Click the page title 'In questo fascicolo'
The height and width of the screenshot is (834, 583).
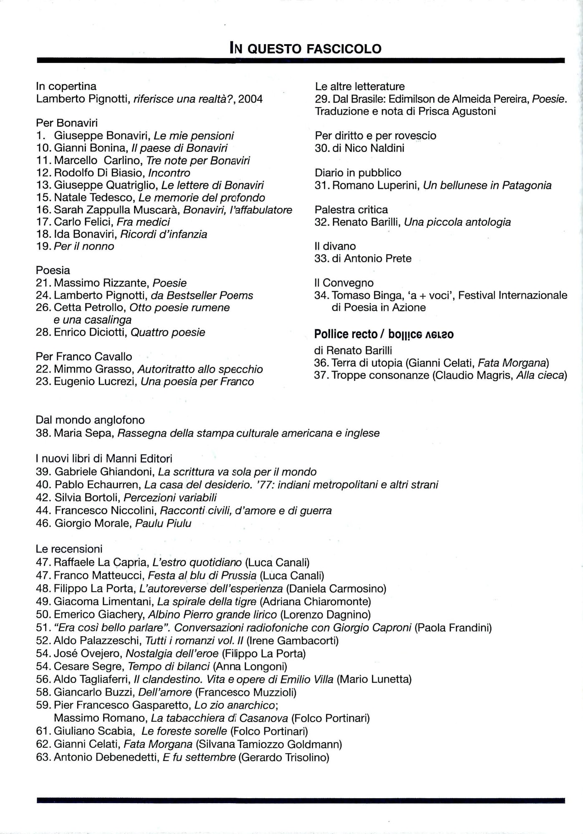[x=305, y=48]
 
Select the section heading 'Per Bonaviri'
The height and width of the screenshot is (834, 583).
[x=67, y=123]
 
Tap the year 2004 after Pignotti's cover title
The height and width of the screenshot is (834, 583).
[x=250, y=99]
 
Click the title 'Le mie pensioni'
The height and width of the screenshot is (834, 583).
[x=194, y=136]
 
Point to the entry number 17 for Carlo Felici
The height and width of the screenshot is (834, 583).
[x=43, y=222]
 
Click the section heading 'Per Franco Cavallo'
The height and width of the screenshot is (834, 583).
[x=84, y=357]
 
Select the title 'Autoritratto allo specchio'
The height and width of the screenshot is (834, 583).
[x=200, y=369]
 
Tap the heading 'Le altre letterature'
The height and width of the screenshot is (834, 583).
[x=360, y=86]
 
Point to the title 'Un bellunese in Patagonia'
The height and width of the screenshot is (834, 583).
[x=487, y=185]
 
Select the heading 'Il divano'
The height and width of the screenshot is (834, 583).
[x=335, y=246]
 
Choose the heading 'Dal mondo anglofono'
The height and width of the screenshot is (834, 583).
[x=90, y=420]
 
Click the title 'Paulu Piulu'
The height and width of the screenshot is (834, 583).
[x=163, y=523]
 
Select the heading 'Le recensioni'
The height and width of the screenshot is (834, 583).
[x=69, y=549]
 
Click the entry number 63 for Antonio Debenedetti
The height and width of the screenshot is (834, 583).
[x=43, y=757]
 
